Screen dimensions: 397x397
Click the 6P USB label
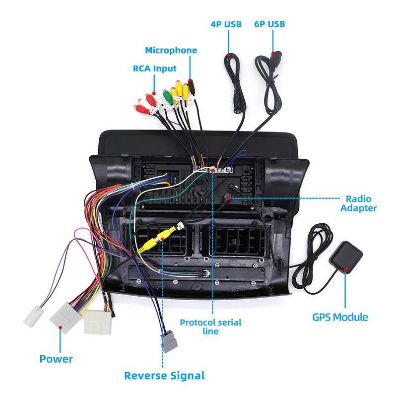tap(269, 24)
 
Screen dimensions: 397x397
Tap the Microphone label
tap(171, 50)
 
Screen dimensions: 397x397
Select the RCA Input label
tap(154, 68)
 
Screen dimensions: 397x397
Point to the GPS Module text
tap(340, 317)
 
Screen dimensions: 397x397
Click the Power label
tap(56, 359)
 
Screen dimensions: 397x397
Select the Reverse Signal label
tap(164, 376)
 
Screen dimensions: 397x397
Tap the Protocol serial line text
tap(210, 327)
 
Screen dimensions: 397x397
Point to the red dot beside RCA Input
tap(155, 93)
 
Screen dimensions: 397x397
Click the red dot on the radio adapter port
tap(227, 198)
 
